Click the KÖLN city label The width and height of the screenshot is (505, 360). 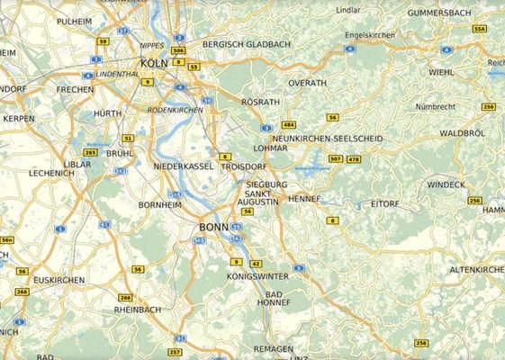click(x=154, y=63)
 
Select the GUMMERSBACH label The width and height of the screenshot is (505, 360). click(x=438, y=14)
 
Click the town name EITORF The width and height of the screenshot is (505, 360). click(x=384, y=204)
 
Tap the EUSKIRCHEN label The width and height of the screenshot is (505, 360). click(x=59, y=280)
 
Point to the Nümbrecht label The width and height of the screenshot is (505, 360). click(x=436, y=106)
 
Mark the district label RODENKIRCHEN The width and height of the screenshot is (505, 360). click(x=176, y=110)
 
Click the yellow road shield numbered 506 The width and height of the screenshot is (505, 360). click(x=178, y=51)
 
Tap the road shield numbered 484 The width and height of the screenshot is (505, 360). click(x=288, y=123)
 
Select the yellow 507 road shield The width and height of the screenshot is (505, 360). click(x=336, y=159)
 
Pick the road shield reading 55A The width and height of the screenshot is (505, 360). click(x=479, y=29)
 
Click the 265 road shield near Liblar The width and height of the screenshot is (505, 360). click(x=90, y=152)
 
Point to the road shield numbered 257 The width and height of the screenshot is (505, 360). click(x=175, y=351)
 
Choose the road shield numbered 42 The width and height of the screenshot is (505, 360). click(x=257, y=263)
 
